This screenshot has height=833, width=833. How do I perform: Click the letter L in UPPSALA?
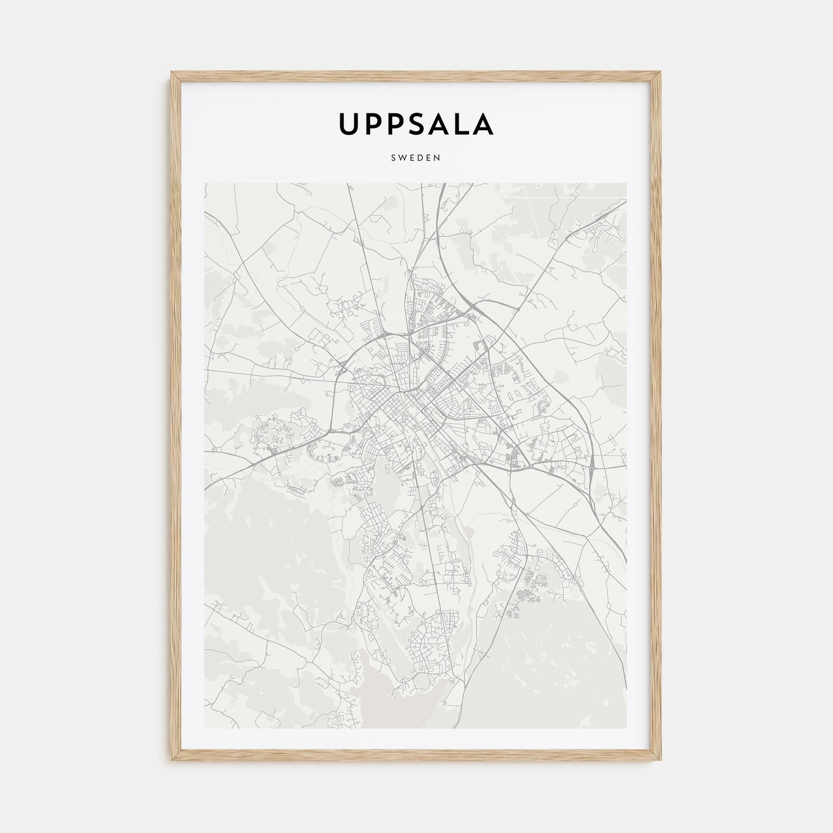point(461,124)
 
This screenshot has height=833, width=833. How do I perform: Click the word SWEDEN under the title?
point(416,158)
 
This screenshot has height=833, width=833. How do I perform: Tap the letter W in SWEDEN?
point(403,158)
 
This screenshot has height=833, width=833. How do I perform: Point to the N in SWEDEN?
point(438,158)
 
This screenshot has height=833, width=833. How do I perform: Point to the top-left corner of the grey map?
point(205,184)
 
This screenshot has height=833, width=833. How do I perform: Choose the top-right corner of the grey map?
point(626,184)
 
